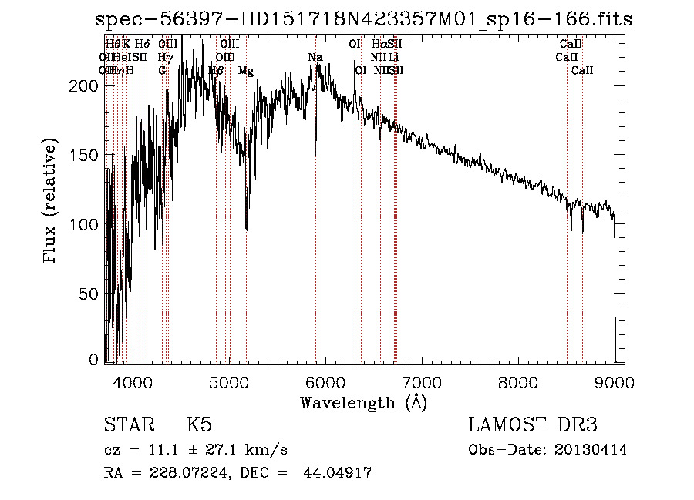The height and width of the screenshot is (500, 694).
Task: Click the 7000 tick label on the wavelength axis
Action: [421, 382]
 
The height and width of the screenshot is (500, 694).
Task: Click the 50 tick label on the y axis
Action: [89, 294]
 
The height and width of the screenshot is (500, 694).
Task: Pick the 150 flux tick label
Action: [85, 155]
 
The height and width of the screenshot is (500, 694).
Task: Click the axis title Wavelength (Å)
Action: [363, 402]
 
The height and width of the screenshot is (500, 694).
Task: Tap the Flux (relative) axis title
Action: [52, 202]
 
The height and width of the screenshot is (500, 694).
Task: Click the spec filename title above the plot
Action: [362, 19]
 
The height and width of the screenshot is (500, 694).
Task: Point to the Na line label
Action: [315, 58]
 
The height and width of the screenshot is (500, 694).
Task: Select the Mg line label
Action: [246, 71]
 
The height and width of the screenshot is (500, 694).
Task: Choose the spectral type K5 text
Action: [199, 425]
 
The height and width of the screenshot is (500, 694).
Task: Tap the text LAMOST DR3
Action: [533, 425]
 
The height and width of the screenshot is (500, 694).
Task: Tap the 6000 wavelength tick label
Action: [325, 382]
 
